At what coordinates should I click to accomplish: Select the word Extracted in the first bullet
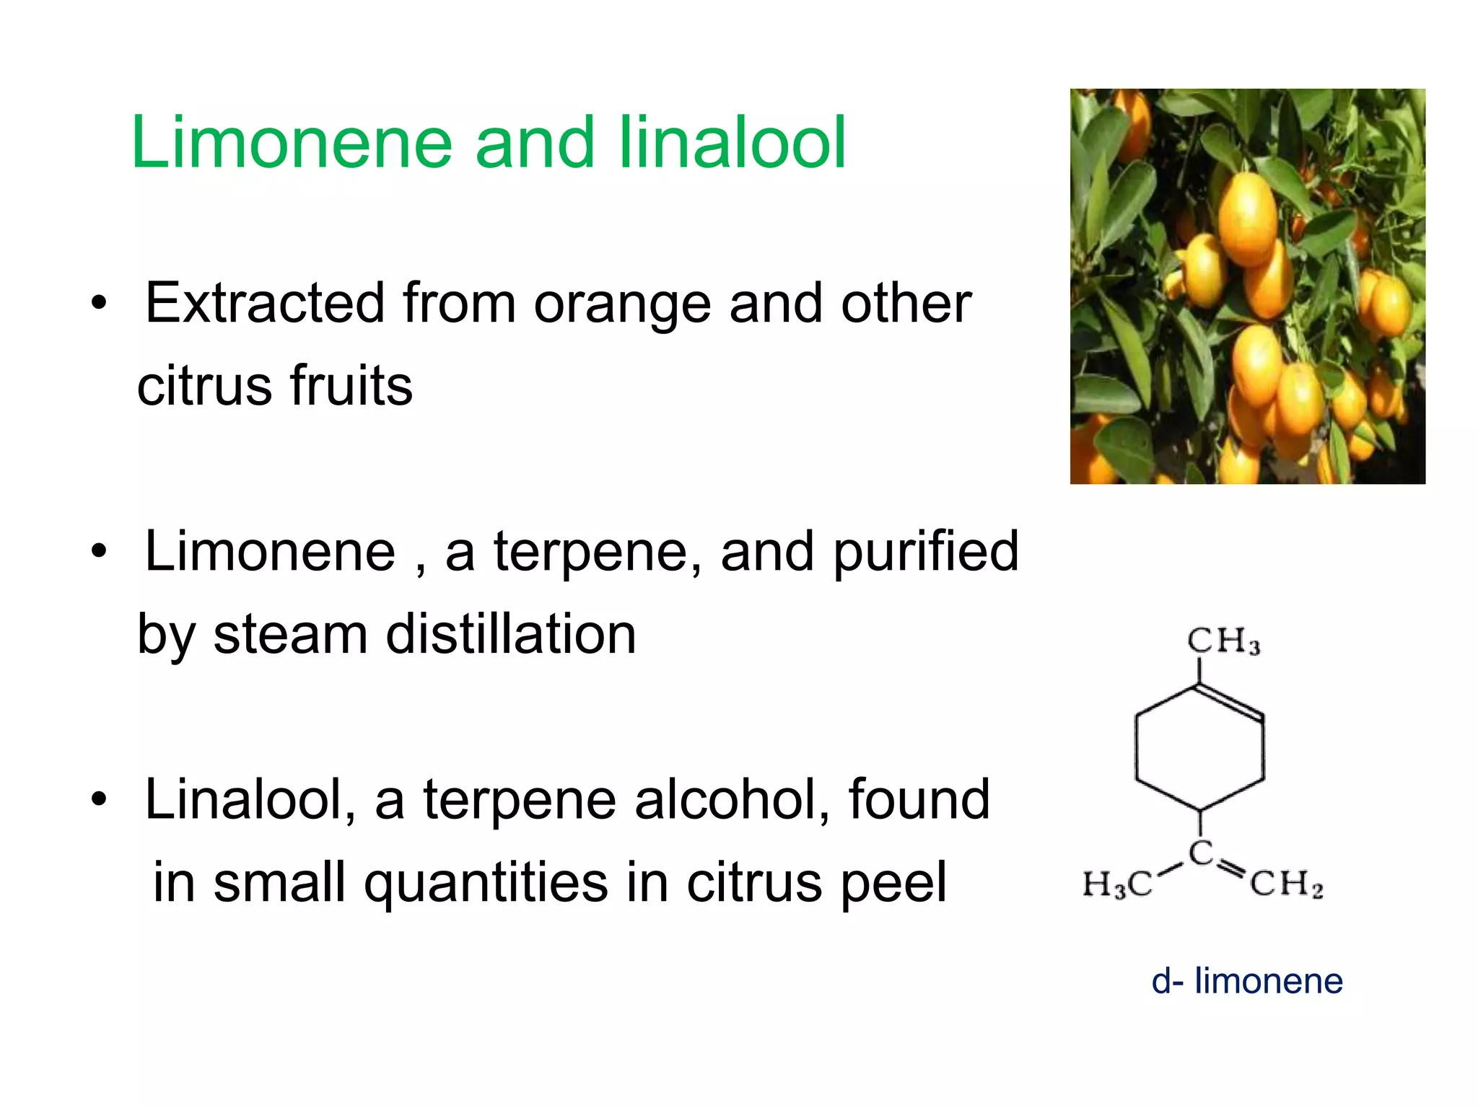[x=264, y=303]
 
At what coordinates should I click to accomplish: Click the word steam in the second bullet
[x=290, y=635]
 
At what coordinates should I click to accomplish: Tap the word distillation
[x=511, y=635]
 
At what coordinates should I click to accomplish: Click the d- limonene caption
[x=1247, y=981]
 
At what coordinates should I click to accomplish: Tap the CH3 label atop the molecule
[x=1223, y=641]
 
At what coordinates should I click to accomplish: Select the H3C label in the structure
[x=1116, y=884]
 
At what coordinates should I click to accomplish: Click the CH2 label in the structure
[x=1287, y=884]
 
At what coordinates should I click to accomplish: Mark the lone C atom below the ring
[x=1200, y=853]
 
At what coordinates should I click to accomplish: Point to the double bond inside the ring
[x=1230, y=702]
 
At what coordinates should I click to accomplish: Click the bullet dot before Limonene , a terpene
[x=99, y=553]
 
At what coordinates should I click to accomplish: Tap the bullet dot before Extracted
[x=99, y=304]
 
